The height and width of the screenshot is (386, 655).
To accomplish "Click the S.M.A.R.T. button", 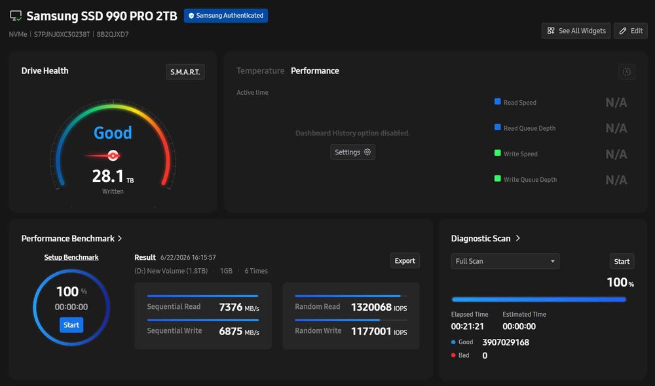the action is (185, 72).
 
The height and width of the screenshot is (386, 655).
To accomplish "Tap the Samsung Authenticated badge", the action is (226, 16).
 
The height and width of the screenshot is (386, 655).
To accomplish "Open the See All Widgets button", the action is (576, 31).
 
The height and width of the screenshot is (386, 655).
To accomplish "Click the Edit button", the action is (631, 31).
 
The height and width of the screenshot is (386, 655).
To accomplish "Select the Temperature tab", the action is (260, 71).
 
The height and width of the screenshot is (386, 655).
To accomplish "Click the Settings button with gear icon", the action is (352, 152).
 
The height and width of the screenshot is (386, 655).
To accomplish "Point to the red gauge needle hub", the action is (113, 156).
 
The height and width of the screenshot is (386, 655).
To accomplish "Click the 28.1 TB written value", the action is (113, 176).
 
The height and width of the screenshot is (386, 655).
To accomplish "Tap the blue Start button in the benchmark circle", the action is (71, 325).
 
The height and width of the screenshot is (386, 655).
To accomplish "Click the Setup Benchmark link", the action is (71, 258).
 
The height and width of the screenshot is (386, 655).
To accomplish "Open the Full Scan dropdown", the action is (505, 261).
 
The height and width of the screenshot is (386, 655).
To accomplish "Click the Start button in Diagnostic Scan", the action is (622, 262).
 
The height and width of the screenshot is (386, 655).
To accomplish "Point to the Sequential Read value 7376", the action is (231, 307).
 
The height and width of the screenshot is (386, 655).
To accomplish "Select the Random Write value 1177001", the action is (371, 331).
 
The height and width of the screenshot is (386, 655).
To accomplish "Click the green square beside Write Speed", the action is (498, 152).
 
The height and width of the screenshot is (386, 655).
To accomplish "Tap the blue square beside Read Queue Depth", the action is (498, 128).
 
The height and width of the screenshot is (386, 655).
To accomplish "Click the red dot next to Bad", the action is (453, 355).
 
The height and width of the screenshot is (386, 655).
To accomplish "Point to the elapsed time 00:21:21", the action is (468, 326).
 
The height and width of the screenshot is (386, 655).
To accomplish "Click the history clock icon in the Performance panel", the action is (627, 72).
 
